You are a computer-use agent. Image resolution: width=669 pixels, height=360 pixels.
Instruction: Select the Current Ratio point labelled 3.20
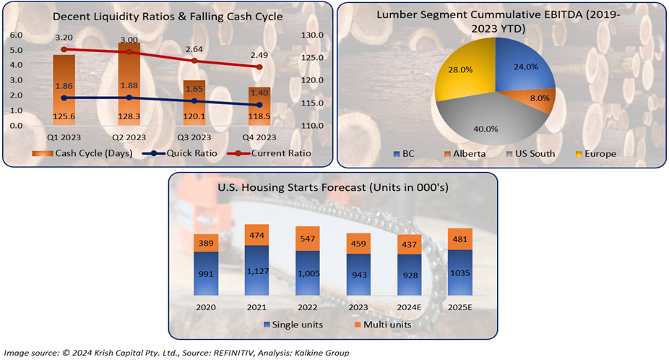(64, 49)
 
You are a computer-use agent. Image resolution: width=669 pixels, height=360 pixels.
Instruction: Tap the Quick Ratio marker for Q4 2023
(259, 106)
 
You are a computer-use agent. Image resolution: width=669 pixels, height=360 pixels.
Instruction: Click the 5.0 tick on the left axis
(17, 50)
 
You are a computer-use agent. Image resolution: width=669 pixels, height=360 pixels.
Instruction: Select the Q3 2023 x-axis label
(194, 137)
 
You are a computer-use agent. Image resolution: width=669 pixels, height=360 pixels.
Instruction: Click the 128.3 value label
(129, 116)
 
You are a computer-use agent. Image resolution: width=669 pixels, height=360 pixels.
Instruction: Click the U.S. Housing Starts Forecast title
(334, 189)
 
